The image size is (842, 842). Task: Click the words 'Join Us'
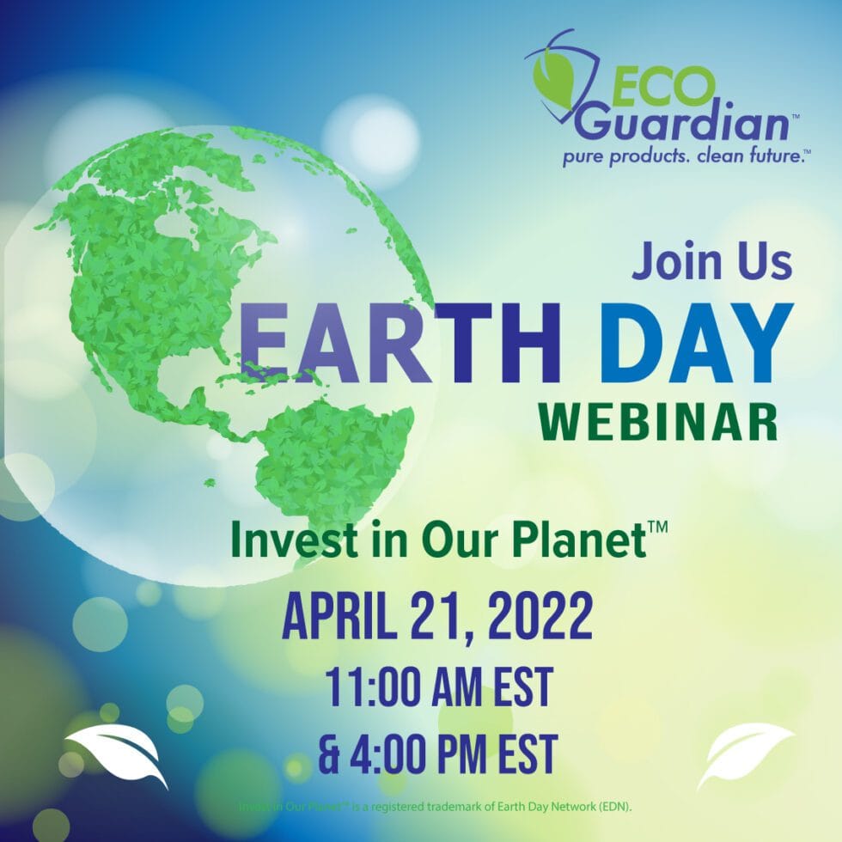[711, 263]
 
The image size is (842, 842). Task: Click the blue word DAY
[695, 345]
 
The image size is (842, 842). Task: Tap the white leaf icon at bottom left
[116, 753]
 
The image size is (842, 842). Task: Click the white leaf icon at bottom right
[743, 753]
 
